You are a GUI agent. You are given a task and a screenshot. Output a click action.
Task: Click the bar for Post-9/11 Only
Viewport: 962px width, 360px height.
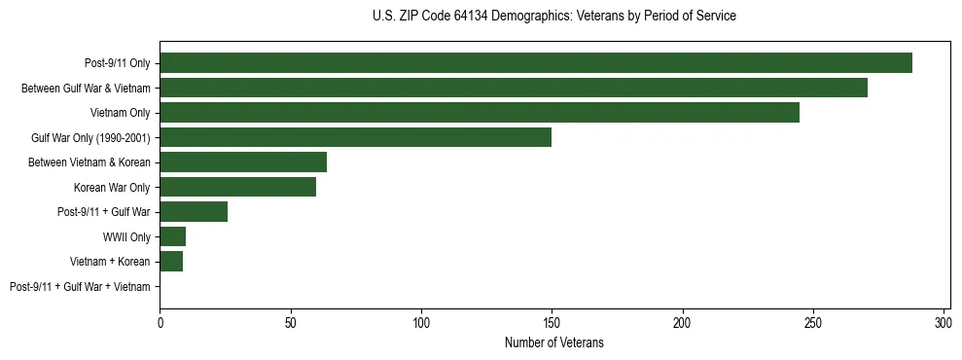point(536,63)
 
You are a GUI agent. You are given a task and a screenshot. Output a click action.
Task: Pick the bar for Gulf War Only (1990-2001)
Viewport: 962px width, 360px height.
point(356,137)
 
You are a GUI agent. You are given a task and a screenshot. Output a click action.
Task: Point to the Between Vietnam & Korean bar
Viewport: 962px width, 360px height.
point(243,162)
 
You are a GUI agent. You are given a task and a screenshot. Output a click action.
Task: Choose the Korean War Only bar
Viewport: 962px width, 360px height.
point(238,187)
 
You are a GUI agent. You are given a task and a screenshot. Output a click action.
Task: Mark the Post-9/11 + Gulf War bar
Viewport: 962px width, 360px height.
point(194,212)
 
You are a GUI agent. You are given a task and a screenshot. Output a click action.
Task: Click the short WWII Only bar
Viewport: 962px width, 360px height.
point(173,236)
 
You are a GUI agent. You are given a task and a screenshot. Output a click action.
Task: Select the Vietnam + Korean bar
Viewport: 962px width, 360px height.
point(171,262)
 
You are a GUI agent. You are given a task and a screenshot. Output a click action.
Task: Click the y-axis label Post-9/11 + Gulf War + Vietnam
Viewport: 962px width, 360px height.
point(80,287)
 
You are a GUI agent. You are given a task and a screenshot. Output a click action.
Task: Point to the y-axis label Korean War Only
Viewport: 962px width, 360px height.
point(112,188)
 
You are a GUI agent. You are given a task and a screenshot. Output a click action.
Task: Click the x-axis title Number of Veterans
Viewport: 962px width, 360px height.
point(554,342)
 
